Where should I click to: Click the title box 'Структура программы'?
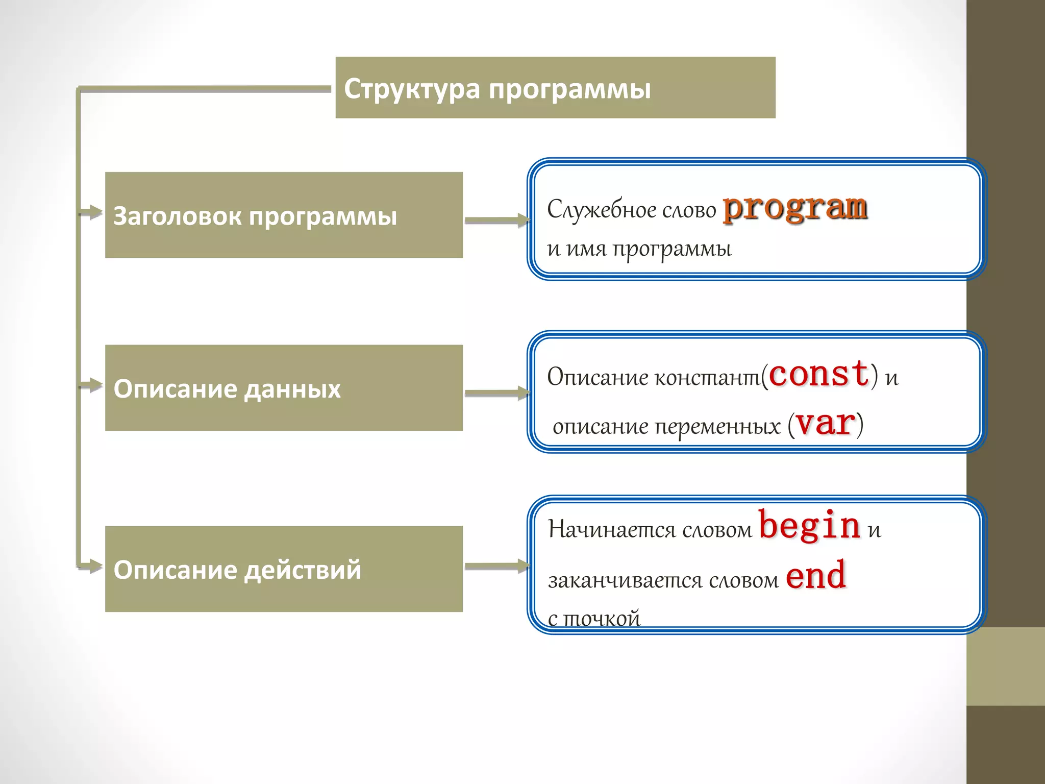555,88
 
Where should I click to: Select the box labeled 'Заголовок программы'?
284,215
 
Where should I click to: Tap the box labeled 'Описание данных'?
284,388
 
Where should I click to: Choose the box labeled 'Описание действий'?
284,569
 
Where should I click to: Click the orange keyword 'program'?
795,208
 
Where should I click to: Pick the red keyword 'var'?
825,424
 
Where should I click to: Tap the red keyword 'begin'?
810,526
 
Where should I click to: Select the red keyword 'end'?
816,576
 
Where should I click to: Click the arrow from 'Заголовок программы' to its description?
496,220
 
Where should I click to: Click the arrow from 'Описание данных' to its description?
496,393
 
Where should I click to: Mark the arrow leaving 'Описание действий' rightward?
496,566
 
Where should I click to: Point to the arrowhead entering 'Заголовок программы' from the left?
93,212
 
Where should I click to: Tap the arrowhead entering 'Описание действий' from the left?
93,566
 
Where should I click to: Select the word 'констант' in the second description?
707,378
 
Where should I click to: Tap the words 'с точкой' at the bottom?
594,619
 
